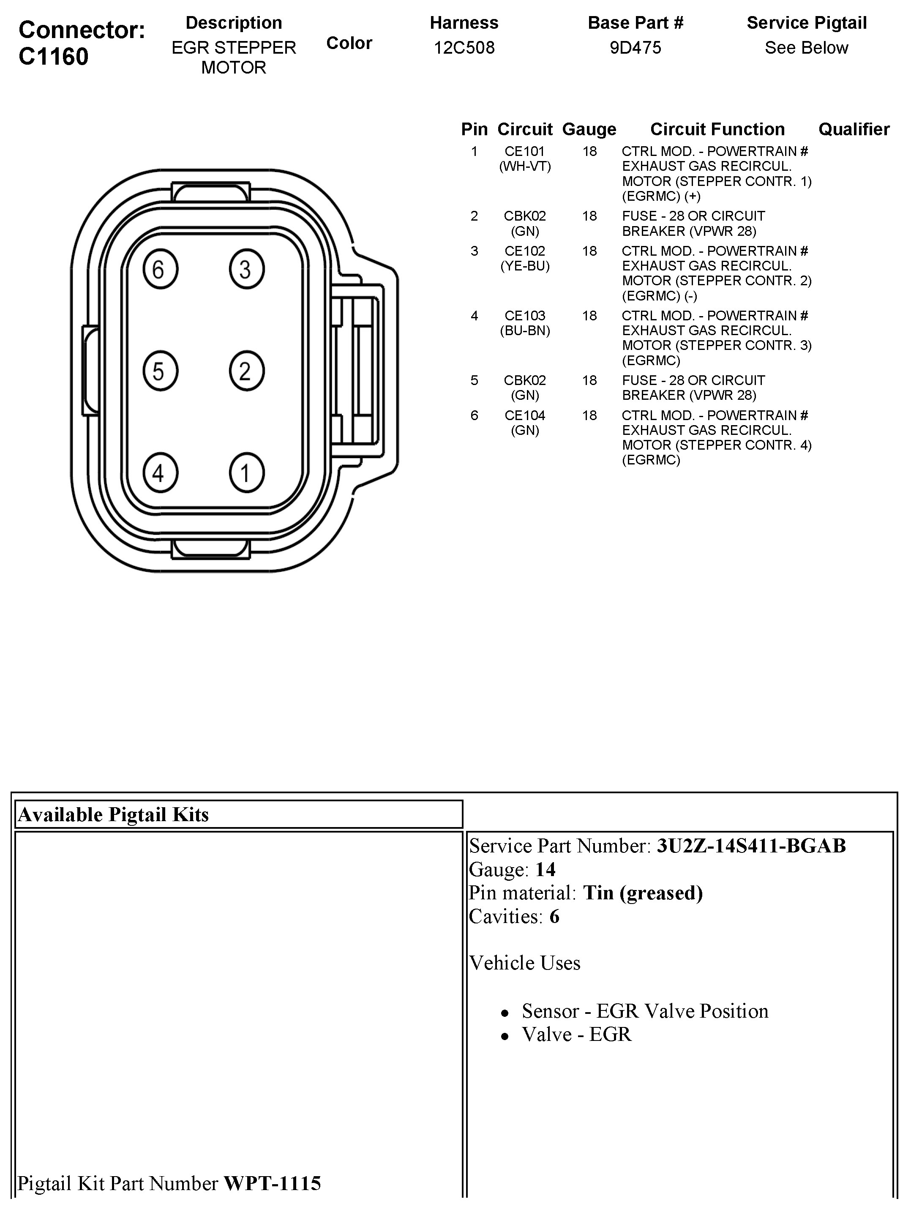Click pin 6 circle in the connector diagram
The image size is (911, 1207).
160,269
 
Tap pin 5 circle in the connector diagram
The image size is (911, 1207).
160,371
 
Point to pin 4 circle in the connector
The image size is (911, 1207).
160,472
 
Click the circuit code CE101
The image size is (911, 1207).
525,152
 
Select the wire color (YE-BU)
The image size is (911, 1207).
525,266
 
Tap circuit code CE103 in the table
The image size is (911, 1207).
525,316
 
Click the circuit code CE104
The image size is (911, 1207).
525,416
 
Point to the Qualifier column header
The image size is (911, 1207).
853,129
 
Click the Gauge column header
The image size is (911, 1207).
589,129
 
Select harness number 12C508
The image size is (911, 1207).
464,48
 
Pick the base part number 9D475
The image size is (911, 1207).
635,48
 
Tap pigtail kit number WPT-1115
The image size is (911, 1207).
272,1183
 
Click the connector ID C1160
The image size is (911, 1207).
54,57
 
